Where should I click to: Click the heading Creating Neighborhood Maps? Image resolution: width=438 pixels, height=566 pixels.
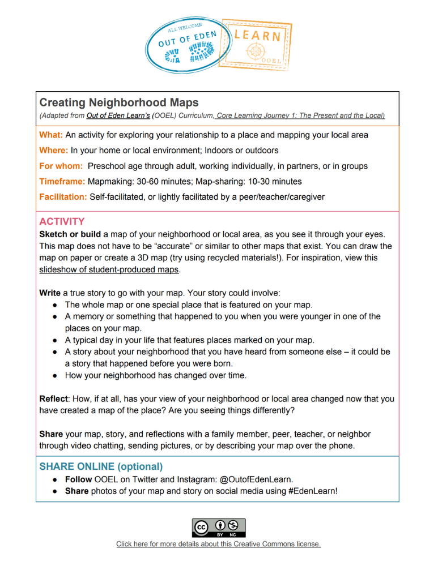[119, 102]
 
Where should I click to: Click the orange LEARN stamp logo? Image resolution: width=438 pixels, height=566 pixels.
[257, 48]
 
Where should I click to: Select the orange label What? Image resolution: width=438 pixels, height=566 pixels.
[52, 135]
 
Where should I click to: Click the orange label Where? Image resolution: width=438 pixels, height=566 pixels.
[54, 151]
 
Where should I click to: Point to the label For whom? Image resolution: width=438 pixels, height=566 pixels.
[61, 166]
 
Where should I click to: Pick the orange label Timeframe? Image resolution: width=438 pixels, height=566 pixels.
[62, 181]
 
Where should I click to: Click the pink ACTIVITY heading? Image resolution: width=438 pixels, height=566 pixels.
[62, 221]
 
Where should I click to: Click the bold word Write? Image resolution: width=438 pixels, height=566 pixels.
[50, 293]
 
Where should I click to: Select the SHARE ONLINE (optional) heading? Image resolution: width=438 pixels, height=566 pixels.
[101, 467]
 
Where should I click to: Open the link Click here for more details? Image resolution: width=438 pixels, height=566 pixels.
[219, 544]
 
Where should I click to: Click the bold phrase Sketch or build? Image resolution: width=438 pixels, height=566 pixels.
[70, 234]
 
